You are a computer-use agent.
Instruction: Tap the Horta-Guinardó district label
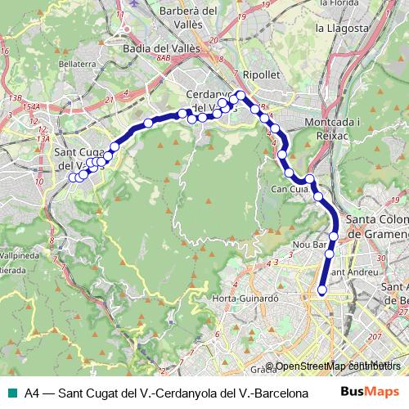click(245, 299)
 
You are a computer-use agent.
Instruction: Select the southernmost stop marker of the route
click(321, 290)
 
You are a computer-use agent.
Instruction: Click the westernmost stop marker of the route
click(73, 177)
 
